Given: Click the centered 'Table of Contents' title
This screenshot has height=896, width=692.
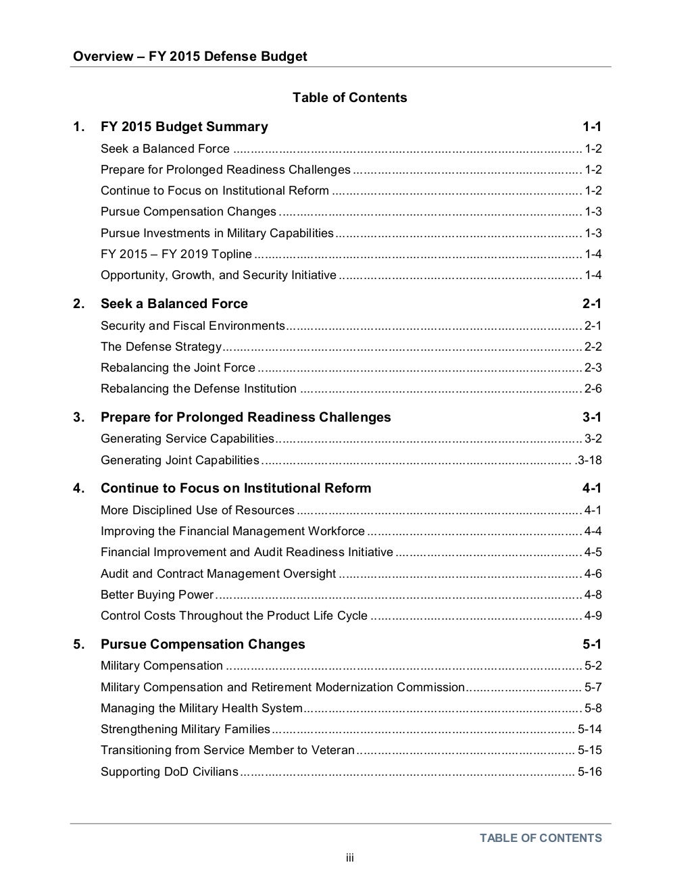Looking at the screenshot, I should (349, 97).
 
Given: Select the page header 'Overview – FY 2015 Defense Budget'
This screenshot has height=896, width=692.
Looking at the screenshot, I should (190, 56).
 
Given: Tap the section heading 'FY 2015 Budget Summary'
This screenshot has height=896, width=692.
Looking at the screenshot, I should (184, 126).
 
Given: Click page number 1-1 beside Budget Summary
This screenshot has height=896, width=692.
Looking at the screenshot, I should (592, 126).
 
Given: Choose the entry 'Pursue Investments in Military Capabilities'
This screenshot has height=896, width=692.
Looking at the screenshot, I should (217, 233).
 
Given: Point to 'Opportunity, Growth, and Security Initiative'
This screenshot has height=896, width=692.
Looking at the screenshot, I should (218, 275).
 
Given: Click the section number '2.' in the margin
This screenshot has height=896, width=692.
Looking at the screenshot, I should (79, 303).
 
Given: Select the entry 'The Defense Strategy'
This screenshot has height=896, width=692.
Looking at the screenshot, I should (161, 347).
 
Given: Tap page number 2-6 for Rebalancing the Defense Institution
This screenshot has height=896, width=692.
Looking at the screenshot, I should (593, 389).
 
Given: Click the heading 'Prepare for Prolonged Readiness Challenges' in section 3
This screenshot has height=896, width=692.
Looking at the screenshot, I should (245, 417).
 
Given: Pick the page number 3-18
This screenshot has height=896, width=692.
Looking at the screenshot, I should (589, 460).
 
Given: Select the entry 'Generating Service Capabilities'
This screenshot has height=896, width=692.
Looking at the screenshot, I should (187, 439).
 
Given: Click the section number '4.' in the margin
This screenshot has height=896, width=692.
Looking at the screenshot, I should (79, 488).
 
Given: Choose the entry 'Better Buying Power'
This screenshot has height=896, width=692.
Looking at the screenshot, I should (157, 595).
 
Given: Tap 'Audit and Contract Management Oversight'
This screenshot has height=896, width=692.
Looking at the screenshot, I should (218, 574).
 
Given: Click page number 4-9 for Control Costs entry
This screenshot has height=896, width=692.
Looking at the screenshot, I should (593, 616).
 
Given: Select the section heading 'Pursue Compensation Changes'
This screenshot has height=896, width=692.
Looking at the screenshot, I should (203, 644).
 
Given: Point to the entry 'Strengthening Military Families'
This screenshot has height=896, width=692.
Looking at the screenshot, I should (185, 729).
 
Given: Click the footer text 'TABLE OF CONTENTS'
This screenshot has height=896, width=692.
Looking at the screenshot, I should (541, 838).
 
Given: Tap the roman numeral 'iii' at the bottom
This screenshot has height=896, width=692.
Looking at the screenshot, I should (350, 858).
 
